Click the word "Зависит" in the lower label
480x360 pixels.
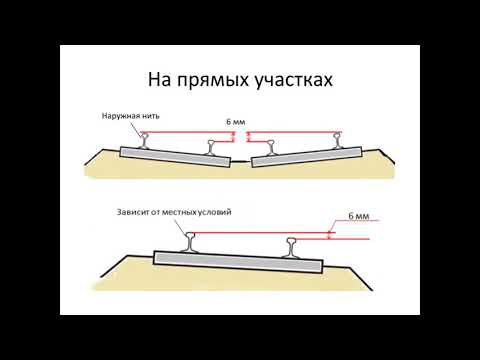click(x=134, y=213)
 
